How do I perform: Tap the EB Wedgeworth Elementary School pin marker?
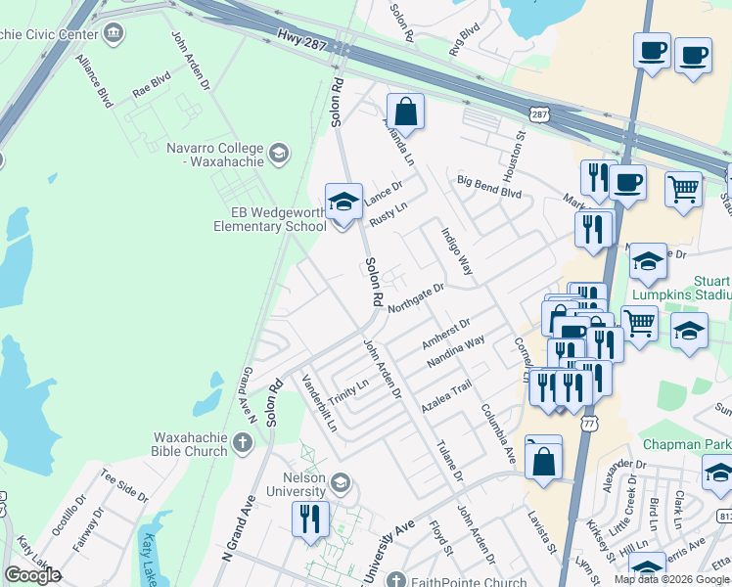[x=343, y=203]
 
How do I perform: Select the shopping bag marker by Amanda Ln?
[x=406, y=112]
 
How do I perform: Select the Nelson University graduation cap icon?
[x=340, y=482]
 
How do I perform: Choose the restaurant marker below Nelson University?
[x=310, y=519]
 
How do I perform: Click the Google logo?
[x=33, y=574]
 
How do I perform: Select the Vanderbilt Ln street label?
[x=320, y=403]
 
